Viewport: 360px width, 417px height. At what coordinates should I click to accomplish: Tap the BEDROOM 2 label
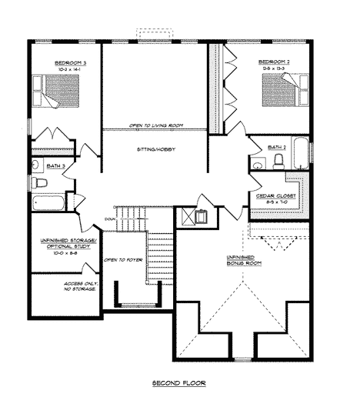[x=273, y=62]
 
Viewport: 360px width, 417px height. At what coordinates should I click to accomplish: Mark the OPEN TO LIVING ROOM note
[x=155, y=125]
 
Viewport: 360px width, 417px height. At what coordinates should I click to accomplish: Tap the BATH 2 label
[x=278, y=146]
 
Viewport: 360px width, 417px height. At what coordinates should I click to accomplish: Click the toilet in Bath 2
[x=278, y=160]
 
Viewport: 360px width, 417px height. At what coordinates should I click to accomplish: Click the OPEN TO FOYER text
[x=122, y=260]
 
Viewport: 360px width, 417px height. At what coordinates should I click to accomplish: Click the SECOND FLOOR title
[x=179, y=382]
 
